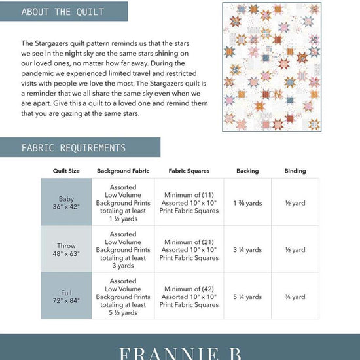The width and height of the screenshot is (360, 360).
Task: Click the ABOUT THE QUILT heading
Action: coord(63,12)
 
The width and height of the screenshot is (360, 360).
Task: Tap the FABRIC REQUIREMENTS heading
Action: coord(73,148)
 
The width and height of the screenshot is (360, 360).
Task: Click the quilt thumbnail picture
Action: coord(272,67)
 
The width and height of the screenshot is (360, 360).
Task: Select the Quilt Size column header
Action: coord(66,171)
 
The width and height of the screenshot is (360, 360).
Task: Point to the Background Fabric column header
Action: coord(123,171)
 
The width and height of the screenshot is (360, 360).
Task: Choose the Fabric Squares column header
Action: coord(189,171)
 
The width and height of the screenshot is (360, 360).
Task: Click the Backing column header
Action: coord(247,171)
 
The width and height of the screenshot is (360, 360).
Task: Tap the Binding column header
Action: coord(295,171)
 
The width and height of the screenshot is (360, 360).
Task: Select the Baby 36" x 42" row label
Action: coord(66,203)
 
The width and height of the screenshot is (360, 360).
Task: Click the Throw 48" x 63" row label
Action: coord(66,250)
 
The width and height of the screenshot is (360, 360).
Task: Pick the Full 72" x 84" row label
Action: coord(66,297)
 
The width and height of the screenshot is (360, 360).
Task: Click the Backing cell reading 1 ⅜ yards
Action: coord(247,204)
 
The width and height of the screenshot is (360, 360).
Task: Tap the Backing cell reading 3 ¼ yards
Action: coord(247,250)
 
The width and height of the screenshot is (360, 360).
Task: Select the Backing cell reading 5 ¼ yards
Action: coord(247,297)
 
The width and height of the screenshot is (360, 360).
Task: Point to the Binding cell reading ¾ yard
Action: coord(295,297)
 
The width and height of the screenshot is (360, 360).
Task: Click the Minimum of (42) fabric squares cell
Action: coord(189,297)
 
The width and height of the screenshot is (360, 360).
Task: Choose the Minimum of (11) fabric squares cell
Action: coord(189,203)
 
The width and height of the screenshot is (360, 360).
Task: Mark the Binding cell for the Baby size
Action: coord(295,204)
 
